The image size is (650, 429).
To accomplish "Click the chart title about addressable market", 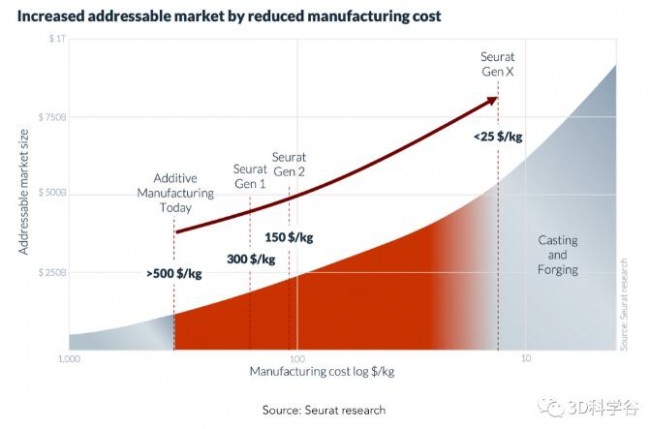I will [x=228, y=17].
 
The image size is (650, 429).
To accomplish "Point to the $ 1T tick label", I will [x=54, y=37].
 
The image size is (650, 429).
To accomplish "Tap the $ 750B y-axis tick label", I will [x=51, y=116].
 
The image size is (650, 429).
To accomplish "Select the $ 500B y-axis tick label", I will [x=51, y=193].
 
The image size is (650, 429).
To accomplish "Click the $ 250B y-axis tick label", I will [x=51, y=271].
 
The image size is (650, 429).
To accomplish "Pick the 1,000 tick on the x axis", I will [x=68, y=358].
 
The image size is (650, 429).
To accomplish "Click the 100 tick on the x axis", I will [x=296, y=358].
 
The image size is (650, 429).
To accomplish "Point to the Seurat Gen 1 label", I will [x=249, y=176].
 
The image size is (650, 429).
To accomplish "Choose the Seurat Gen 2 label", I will [x=289, y=165].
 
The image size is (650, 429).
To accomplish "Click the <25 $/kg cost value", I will [x=498, y=136].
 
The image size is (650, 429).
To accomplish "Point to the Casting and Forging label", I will [x=558, y=255].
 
